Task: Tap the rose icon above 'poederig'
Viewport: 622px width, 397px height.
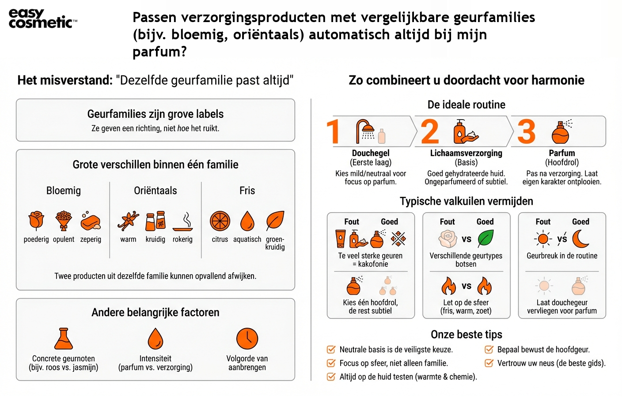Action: point(36,221)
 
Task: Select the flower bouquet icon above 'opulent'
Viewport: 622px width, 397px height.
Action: point(64,221)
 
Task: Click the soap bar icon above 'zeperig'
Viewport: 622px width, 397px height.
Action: point(91,221)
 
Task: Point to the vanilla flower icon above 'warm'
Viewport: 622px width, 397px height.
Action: point(129,221)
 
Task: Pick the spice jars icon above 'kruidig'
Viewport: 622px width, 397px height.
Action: point(155,221)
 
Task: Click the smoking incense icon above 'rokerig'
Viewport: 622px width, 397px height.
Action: point(183,221)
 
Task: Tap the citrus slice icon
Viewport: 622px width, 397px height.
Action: point(220,221)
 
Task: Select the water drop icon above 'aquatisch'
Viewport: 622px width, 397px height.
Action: point(247,221)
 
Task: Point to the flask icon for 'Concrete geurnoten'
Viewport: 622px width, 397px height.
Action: point(64,339)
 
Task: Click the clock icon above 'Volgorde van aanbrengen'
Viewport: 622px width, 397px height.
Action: point(247,339)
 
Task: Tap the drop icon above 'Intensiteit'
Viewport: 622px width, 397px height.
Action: point(155,339)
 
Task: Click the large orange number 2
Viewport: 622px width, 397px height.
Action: point(430,131)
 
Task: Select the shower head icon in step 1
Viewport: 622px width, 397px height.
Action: point(366,131)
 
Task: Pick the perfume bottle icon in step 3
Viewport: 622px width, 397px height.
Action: point(561,132)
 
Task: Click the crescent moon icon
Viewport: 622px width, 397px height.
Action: point(580,239)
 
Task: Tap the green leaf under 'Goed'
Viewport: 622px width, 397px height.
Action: point(485,239)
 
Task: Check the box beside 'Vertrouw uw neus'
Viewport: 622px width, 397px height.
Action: point(489,363)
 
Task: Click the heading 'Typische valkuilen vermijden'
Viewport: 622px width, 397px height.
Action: point(466,202)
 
